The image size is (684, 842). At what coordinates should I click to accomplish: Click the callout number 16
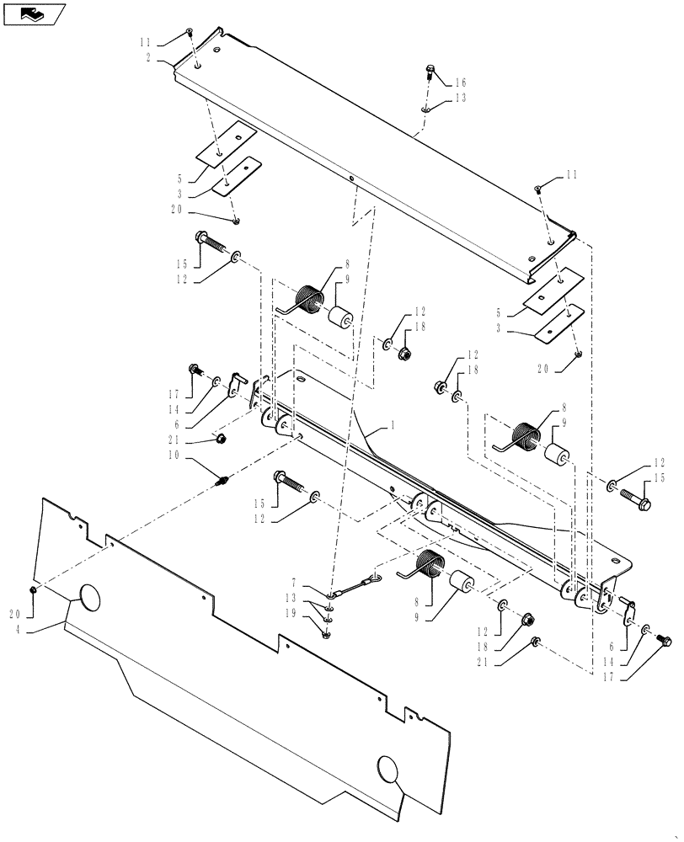(460, 83)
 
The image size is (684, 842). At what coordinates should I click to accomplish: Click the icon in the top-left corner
(33, 13)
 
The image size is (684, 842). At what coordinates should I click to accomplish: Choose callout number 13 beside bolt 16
(460, 98)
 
